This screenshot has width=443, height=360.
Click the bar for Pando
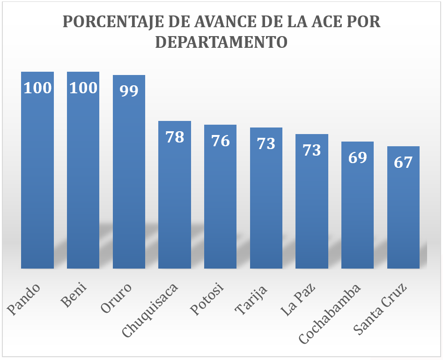coord(37,178)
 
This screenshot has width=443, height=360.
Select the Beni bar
coord(83,178)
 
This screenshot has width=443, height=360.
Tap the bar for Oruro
coord(129,178)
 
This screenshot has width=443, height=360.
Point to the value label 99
coord(129,90)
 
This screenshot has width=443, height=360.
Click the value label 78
coord(175,137)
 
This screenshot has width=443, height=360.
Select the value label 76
coord(220,141)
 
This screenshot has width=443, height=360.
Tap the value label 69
coord(357,157)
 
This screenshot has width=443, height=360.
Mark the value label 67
coord(403,162)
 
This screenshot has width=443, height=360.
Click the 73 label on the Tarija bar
coord(266,143)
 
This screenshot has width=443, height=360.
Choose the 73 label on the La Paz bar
coord(311,150)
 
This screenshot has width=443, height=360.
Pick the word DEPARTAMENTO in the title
coord(221,42)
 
